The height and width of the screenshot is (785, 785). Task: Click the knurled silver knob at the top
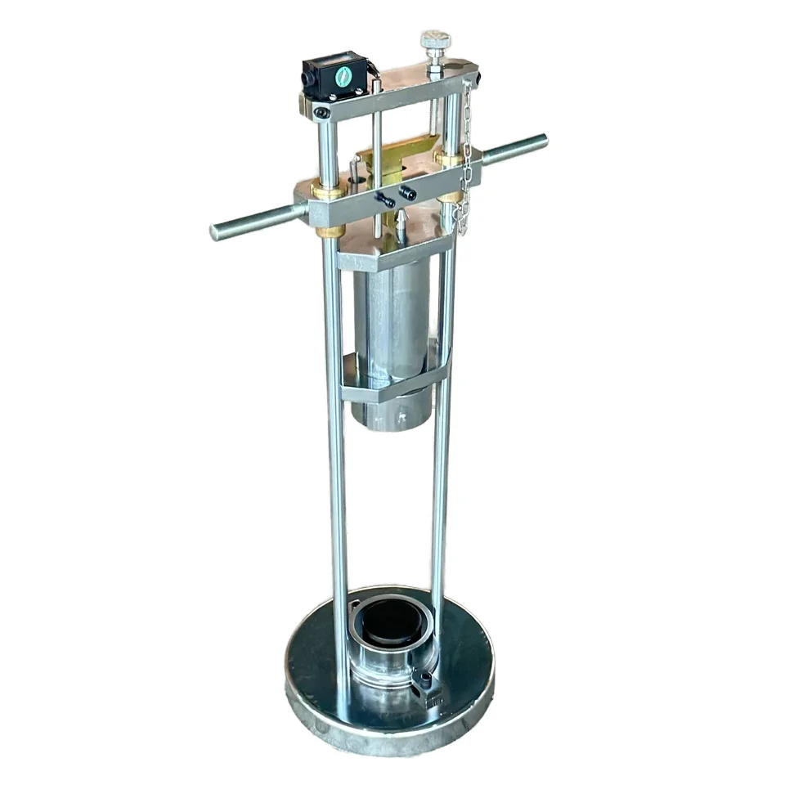tap(434, 41)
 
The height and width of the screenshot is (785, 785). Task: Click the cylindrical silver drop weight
tap(391, 327)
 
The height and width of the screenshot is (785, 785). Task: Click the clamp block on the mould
tap(428, 689)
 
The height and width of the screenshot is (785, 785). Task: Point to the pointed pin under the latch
tap(401, 219)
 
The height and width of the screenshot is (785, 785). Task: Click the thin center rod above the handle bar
tap(375, 123)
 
